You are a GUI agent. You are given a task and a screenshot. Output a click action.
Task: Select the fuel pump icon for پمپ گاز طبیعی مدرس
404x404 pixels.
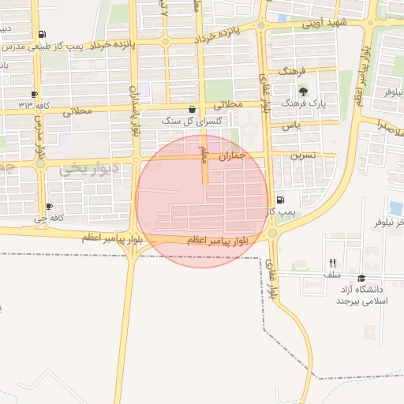pos(41,34)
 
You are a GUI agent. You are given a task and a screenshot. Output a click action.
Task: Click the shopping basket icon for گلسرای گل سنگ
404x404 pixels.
pos(193,110)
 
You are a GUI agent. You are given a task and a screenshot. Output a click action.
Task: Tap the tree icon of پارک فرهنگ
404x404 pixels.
pos(304,92)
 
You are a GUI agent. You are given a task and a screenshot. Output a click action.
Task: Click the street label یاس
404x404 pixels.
pos(292,126)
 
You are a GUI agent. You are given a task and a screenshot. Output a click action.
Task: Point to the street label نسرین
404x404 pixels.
pos(304,155)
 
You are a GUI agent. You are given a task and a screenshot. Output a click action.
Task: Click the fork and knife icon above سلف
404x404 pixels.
pos(332,263)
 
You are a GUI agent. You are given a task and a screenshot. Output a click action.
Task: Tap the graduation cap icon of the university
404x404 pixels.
pos(362,278)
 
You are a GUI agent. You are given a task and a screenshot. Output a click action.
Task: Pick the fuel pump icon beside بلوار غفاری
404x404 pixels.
pos(280,200)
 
